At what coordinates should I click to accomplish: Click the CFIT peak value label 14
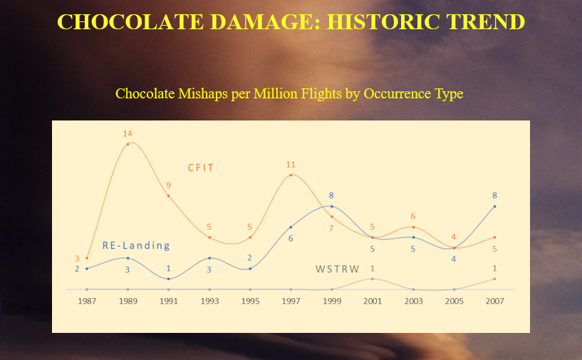(x=128, y=133)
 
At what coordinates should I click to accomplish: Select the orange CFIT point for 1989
(x=128, y=144)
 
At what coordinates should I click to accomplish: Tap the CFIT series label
(x=201, y=168)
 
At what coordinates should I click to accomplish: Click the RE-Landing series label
(x=136, y=246)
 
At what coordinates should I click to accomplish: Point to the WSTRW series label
(x=338, y=269)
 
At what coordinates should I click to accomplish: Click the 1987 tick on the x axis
(x=87, y=301)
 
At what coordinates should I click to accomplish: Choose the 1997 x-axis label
(x=291, y=301)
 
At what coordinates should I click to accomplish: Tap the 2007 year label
(x=494, y=301)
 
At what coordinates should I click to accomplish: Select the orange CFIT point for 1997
(x=291, y=175)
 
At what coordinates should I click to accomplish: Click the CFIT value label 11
(x=291, y=165)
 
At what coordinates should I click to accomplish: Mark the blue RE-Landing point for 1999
(x=331, y=206)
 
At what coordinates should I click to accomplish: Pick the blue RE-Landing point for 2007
(x=494, y=206)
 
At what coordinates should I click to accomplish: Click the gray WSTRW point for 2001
(x=372, y=279)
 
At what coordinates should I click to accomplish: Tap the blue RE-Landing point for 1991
(x=169, y=279)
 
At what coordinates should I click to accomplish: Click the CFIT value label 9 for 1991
(x=169, y=185)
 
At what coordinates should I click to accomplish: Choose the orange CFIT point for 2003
(x=413, y=227)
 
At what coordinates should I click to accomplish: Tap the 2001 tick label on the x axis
(x=372, y=301)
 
